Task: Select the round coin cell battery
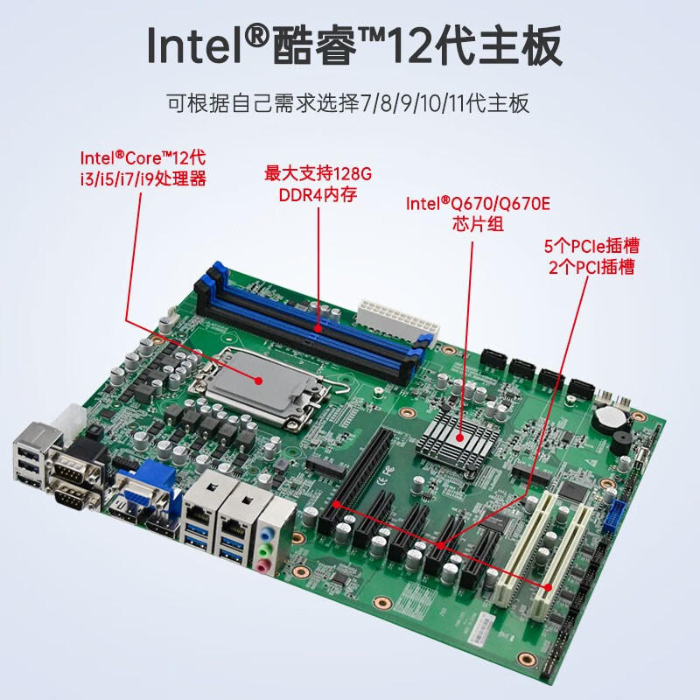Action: coord(609,418)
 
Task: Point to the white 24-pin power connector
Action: coord(397,318)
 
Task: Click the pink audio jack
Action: coord(262,566)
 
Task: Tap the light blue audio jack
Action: coord(268,533)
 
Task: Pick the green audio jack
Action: coord(265,549)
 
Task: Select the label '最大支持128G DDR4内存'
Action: coord(318,184)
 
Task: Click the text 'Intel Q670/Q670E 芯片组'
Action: coord(478,213)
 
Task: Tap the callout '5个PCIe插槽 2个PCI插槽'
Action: coord(591,256)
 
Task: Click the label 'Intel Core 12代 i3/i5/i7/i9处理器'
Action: coord(143,168)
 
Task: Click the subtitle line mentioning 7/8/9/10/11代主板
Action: coord(348,103)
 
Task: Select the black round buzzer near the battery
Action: coord(623,442)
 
